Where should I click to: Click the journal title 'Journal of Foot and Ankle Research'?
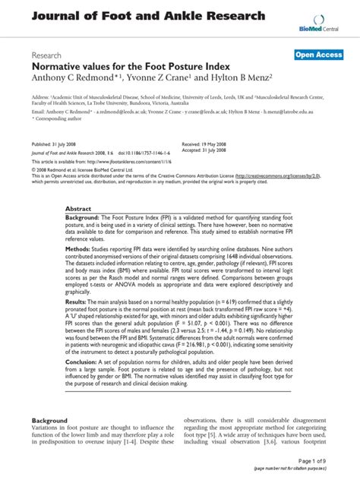(148, 15)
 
